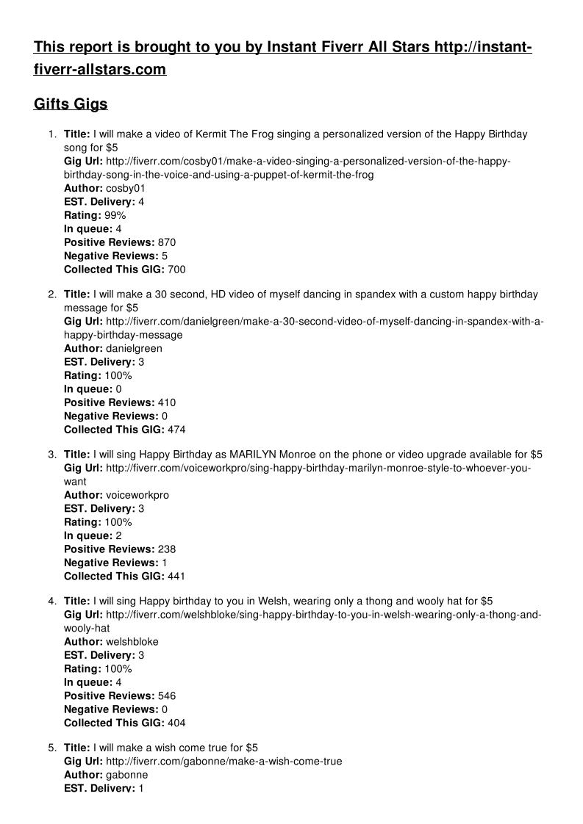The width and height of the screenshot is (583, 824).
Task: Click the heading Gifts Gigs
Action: pyautogui.click(x=71, y=104)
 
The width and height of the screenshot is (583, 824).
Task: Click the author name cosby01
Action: pyautogui.click(x=126, y=188)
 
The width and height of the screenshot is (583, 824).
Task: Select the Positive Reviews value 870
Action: pyautogui.click(x=167, y=242)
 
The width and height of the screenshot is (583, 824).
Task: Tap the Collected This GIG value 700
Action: pyautogui.click(x=176, y=270)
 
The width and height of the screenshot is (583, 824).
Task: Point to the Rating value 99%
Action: pyautogui.click(x=115, y=215)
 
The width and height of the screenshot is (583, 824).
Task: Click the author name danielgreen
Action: pyautogui.click(x=134, y=348)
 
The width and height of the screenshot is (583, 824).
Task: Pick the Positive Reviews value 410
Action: pyautogui.click(x=167, y=402)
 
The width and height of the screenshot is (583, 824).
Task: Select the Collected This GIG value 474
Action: pyautogui.click(x=176, y=430)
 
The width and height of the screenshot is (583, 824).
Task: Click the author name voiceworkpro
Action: pyautogui.click(x=137, y=495)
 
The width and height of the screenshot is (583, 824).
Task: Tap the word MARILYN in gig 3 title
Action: pyautogui.click(x=254, y=455)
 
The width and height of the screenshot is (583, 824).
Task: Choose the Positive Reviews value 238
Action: pyautogui.click(x=167, y=549)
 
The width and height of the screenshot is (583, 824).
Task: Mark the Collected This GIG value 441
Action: pyautogui.click(x=176, y=576)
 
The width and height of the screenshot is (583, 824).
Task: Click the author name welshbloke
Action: pyautogui.click(x=132, y=641)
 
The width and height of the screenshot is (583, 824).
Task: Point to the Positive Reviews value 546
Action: pyautogui.click(x=167, y=695)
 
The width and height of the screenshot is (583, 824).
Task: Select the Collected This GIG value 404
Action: pyautogui.click(x=176, y=723)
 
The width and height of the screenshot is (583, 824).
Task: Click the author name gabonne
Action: pyautogui.click(x=126, y=775)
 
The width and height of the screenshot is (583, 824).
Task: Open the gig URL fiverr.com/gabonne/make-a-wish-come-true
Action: pyautogui.click(x=223, y=762)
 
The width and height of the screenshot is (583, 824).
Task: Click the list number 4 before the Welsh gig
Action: pyautogui.click(x=51, y=601)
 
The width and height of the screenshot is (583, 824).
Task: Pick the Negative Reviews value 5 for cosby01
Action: pyautogui.click(x=165, y=256)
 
